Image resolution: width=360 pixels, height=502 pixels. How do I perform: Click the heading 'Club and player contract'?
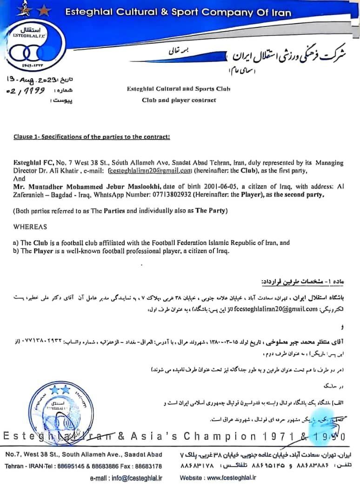179,100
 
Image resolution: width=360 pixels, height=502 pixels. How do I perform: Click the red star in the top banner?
45,10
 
